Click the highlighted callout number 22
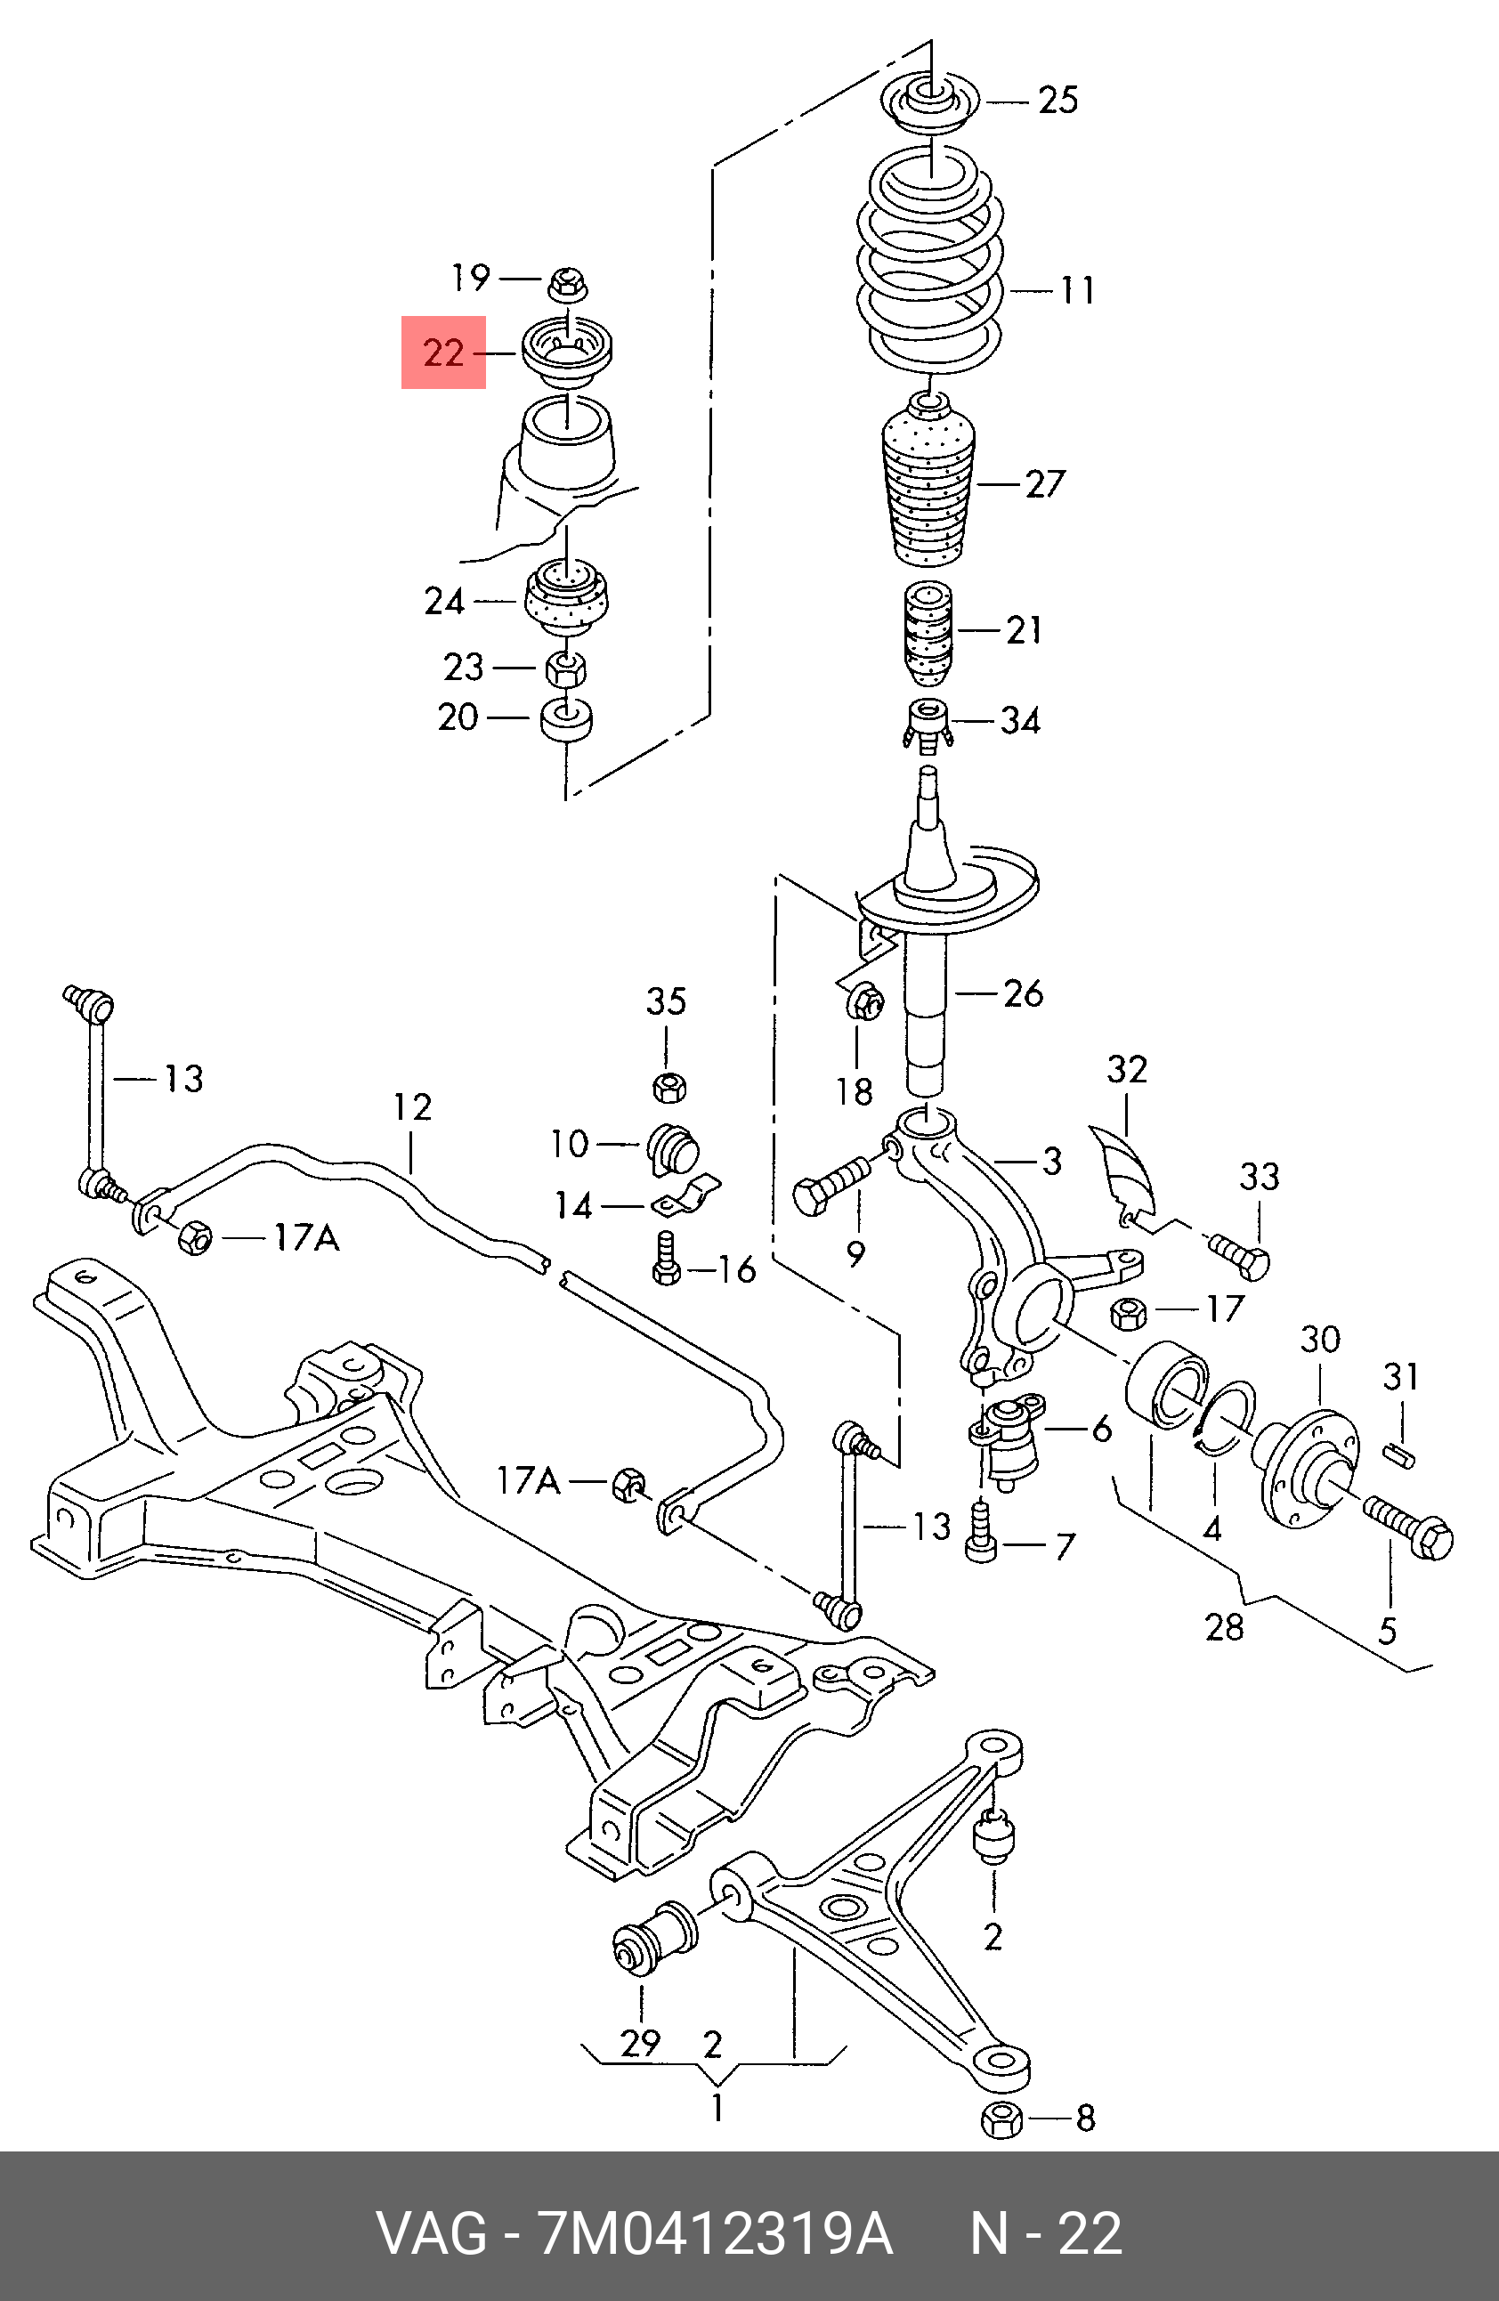click(444, 352)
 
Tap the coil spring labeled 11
click(930, 261)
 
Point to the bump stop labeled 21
click(927, 632)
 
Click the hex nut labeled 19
click(568, 284)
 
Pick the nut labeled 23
click(566, 667)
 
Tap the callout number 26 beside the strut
click(1023, 993)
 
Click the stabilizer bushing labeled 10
click(674, 1147)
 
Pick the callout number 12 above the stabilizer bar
click(412, 1108)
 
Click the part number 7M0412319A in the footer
click(716, 2232)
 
